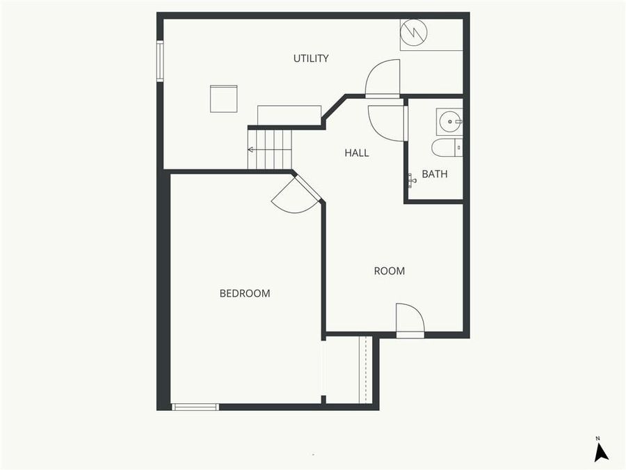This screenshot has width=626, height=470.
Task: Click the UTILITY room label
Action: click(x=311, y=58)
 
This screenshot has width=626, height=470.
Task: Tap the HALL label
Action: click(x=357, y=153)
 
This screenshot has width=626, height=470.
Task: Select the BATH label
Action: click(x=435, y=174)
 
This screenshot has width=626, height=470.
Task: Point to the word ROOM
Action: click(x=390, y=271)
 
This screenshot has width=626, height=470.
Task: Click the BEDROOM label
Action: click(x=245, y=293)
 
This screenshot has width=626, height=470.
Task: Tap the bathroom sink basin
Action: click(x=450, y=122)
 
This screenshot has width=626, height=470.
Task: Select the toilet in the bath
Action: click(x=446, y=147)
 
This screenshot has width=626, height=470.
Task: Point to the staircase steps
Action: click(x=271, y=149)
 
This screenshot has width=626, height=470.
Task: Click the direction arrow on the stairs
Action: click(x=251, y=149)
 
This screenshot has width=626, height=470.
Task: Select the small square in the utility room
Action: click(x=224, y=98)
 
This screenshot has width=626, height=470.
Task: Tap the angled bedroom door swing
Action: click(x=293, y=196)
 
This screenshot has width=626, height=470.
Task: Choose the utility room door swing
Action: click(x=383, y=77)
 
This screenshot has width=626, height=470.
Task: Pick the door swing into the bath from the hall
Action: click(x=387, y=123)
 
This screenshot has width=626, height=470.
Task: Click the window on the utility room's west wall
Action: click(x=160, y=61)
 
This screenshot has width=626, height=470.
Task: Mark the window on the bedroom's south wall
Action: click(x=195, y=407)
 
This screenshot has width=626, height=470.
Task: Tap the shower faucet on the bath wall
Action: click(x=412, y=181)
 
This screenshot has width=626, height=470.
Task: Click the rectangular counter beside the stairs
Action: click(x=289, y=116)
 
